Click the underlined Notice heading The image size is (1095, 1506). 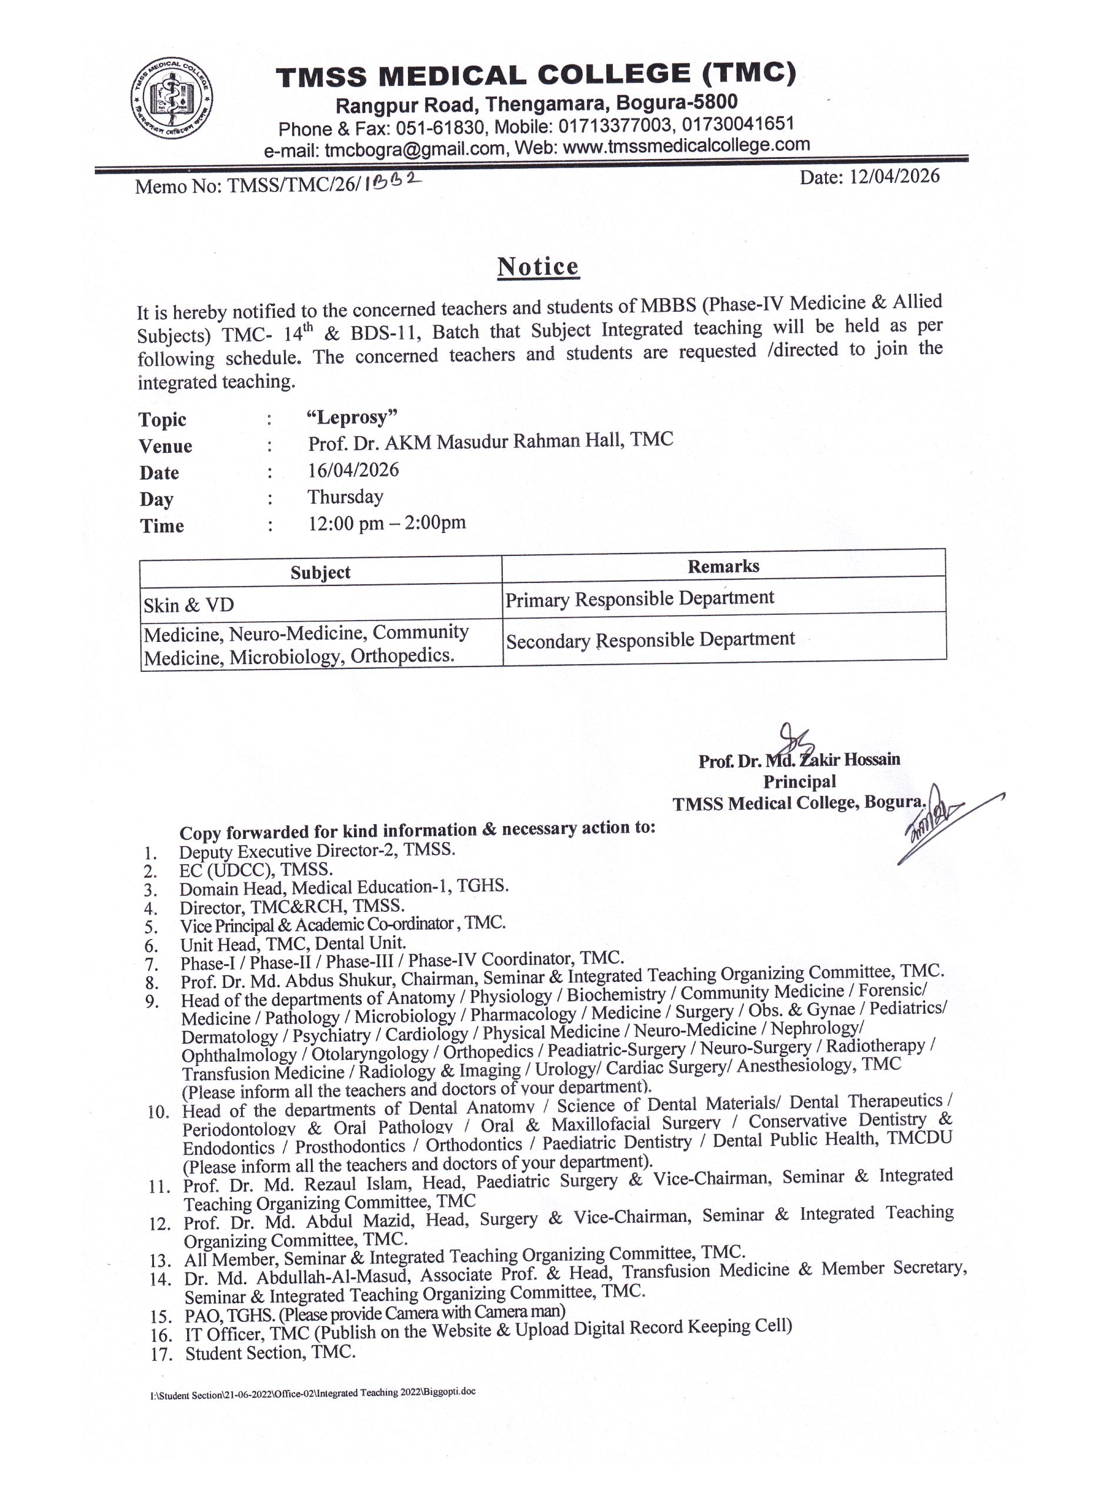(538, 267)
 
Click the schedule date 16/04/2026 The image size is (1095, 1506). (353, 470)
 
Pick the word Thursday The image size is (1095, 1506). (345, 497)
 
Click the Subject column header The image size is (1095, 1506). (320, 572)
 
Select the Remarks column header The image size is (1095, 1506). (723, 566)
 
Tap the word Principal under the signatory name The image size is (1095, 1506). (799, 782)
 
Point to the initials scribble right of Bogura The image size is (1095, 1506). (942, 817)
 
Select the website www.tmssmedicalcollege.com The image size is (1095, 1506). (686, 145)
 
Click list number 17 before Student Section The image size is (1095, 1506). (161, 1355)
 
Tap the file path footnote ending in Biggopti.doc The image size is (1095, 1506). (313, 1393)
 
